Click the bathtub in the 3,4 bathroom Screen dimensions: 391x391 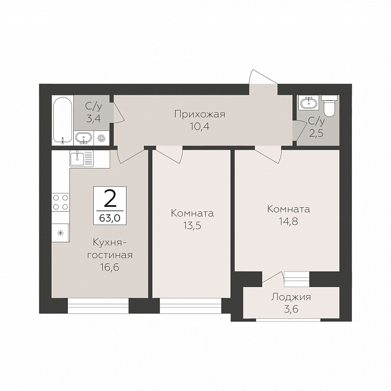pos(62,120)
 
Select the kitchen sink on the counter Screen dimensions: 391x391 pos(81,158)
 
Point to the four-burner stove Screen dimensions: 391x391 pos(61,203)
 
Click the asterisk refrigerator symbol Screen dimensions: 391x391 pos(61,233)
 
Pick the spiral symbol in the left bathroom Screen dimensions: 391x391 pos(101,138)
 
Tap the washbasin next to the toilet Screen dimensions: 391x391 pos(309,102)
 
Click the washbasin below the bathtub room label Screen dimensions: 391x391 pos(83,138)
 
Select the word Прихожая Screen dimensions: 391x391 pos(200,115)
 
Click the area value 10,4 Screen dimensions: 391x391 pos(199,127)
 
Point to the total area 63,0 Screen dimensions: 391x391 pos(110,219)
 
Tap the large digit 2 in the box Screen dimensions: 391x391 pos(110,199)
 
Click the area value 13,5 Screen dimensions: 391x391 pos(192,226)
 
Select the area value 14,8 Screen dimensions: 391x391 pos(289,221)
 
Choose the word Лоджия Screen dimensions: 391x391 pos(291,297)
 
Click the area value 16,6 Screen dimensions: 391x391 pos(110,267)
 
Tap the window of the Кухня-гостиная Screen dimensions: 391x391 pos(98,305)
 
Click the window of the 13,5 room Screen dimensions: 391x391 pos(191,305)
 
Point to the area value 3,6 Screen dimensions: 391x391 pos(291,310)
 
